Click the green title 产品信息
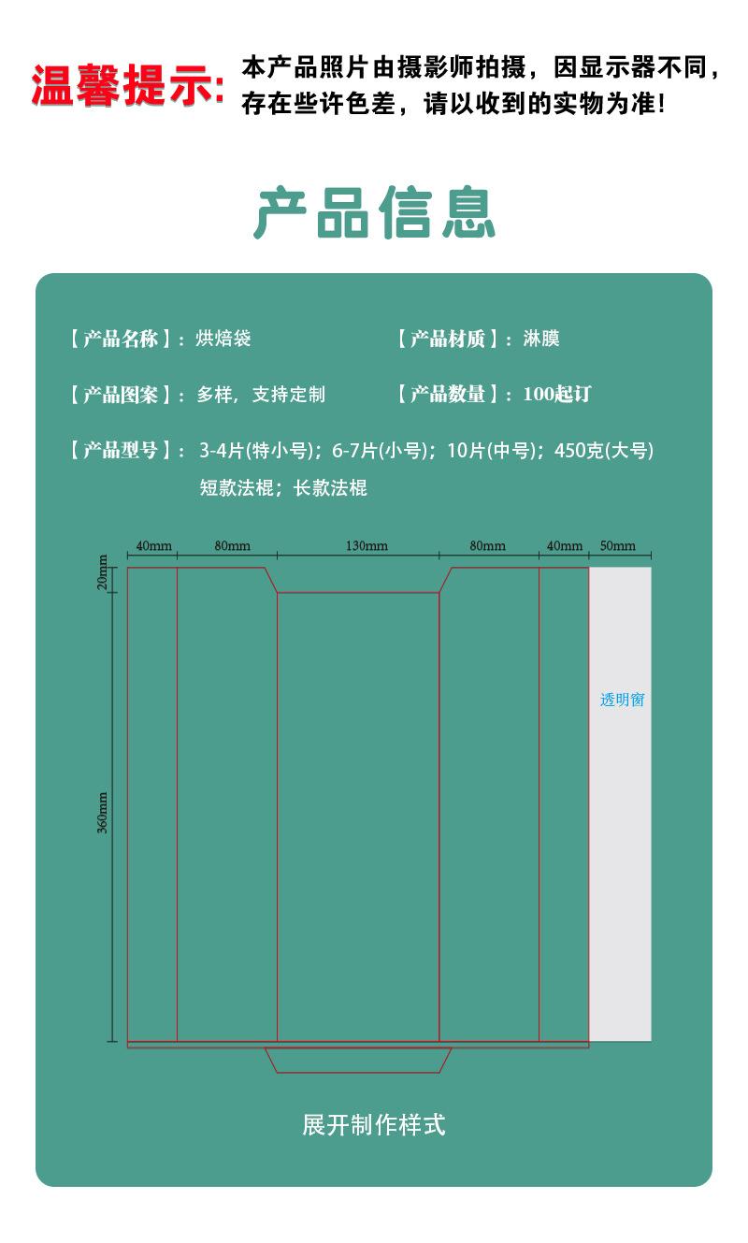tap(374, 213)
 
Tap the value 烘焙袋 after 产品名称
tap(223, 339)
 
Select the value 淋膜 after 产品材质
tap(540, 339)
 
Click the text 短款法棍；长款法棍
tap(282, 488)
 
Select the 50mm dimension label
tap(617, 546)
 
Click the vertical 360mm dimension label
tap(104, 812)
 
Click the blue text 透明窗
tap(622, 700)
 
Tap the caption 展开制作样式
tap(374, 1124)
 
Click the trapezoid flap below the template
tap(358, 1060)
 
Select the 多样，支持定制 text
tap(261, 395)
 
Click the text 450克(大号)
tap(604, 451)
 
